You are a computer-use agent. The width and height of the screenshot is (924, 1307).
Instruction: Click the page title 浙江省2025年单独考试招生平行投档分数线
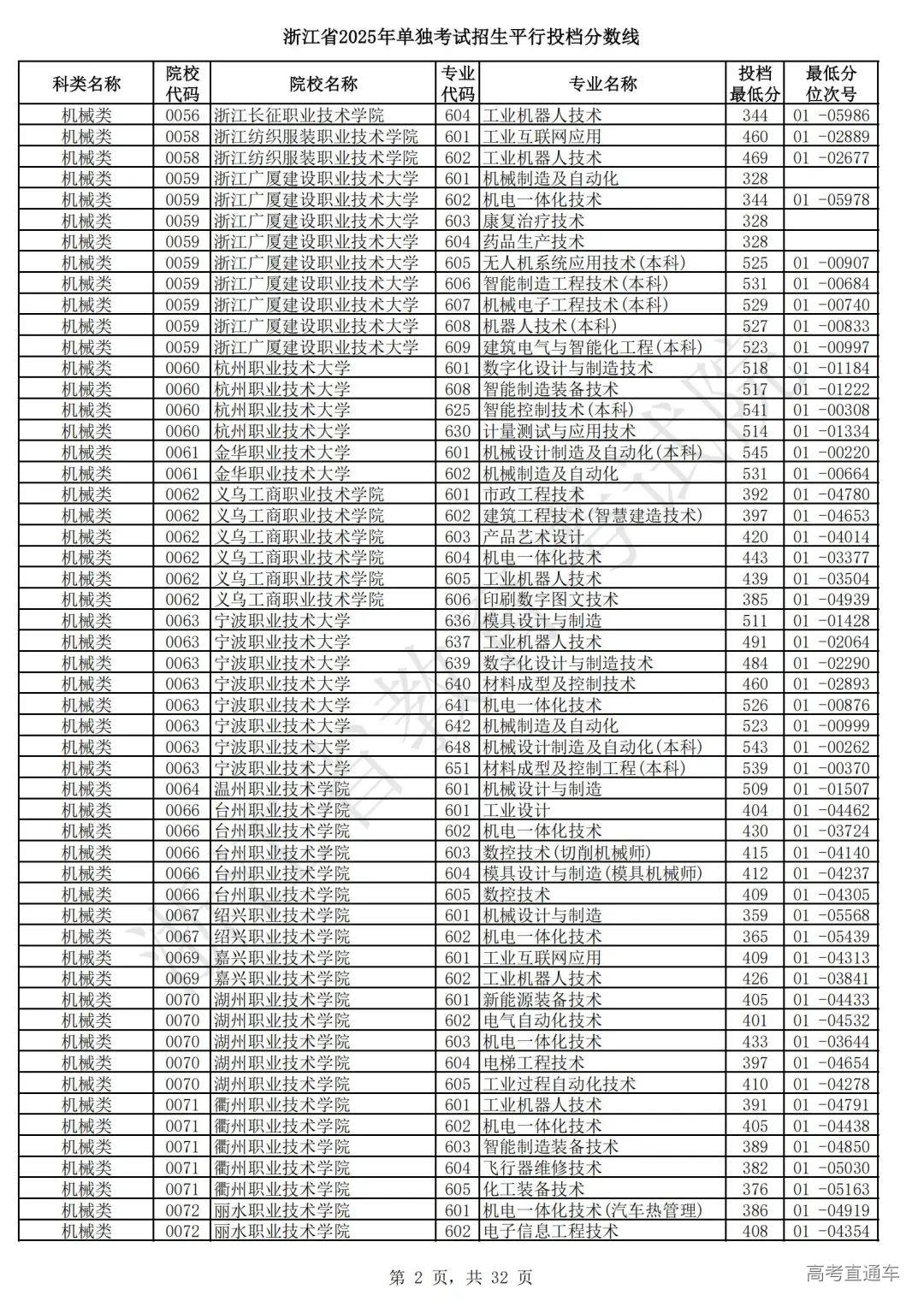462,37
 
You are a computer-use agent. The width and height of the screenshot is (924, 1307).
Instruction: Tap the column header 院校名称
323,84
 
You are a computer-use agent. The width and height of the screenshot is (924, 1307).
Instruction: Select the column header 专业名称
602,84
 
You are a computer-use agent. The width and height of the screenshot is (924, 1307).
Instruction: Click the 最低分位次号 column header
831,84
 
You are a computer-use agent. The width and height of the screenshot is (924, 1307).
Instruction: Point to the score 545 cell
755,452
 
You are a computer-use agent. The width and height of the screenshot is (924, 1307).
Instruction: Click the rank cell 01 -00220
831,452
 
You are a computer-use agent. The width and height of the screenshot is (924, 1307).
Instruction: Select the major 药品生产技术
533,242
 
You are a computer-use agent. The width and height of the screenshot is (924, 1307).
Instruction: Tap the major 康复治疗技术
533,221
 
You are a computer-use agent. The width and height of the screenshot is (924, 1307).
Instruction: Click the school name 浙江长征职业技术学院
299,115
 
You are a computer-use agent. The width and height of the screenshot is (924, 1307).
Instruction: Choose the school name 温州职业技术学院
281,790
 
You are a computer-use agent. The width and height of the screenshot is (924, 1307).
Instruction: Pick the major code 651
458,768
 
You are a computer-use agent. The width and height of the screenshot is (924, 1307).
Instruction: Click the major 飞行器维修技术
542,1168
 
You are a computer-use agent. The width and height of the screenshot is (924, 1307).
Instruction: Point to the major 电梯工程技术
533,1063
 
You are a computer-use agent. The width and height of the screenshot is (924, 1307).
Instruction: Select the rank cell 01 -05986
831,115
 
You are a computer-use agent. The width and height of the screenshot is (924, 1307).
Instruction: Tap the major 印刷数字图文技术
550,600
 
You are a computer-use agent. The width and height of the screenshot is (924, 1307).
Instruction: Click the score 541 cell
755,411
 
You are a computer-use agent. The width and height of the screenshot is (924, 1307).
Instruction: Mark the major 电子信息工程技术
550,1232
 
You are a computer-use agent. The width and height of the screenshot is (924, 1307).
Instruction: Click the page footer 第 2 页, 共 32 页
461,1277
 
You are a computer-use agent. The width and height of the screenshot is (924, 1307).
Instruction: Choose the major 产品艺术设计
533,536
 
